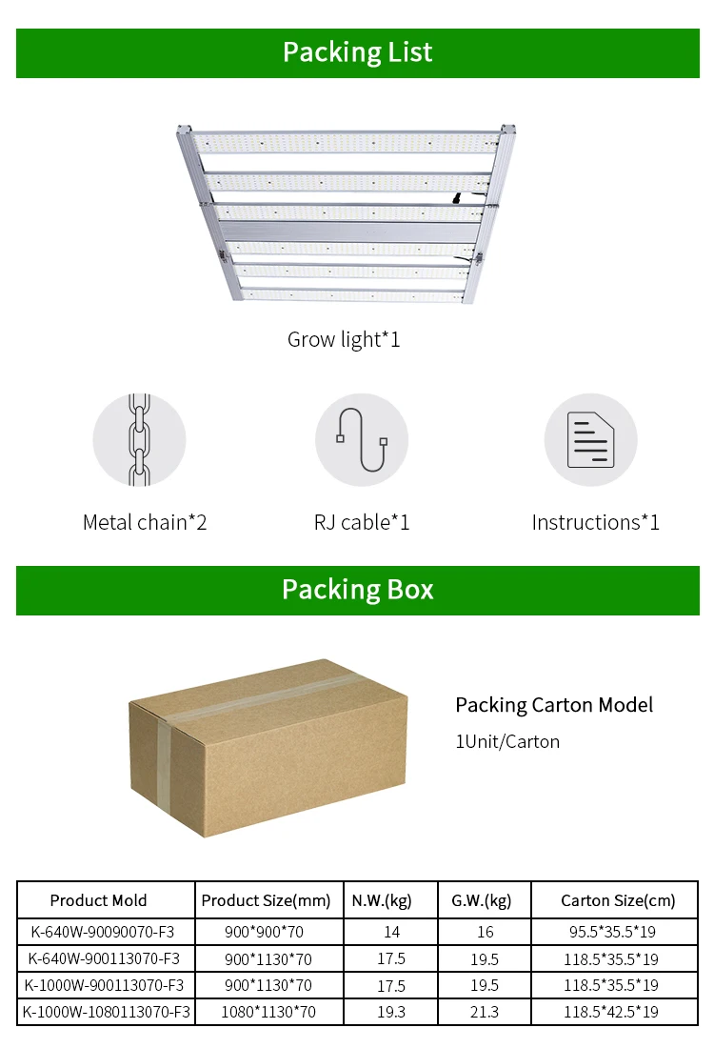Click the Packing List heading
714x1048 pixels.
pos(357,52)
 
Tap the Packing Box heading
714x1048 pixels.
pos(357,590)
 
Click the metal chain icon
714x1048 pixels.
pos(139,439)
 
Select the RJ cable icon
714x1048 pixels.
pos(362,439)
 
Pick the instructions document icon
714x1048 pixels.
pos(590,439)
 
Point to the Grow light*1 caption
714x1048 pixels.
pos(344,339)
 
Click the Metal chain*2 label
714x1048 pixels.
pos(145,522)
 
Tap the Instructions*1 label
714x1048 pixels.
pos(595,522)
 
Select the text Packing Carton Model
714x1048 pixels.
pos(554,705)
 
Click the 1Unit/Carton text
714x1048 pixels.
pos(507,741)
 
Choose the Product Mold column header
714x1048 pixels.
pos(99,900)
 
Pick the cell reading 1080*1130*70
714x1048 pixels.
pos(268,1012)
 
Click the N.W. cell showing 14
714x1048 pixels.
pos(391,932)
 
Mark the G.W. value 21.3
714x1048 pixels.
pos(484,1012)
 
